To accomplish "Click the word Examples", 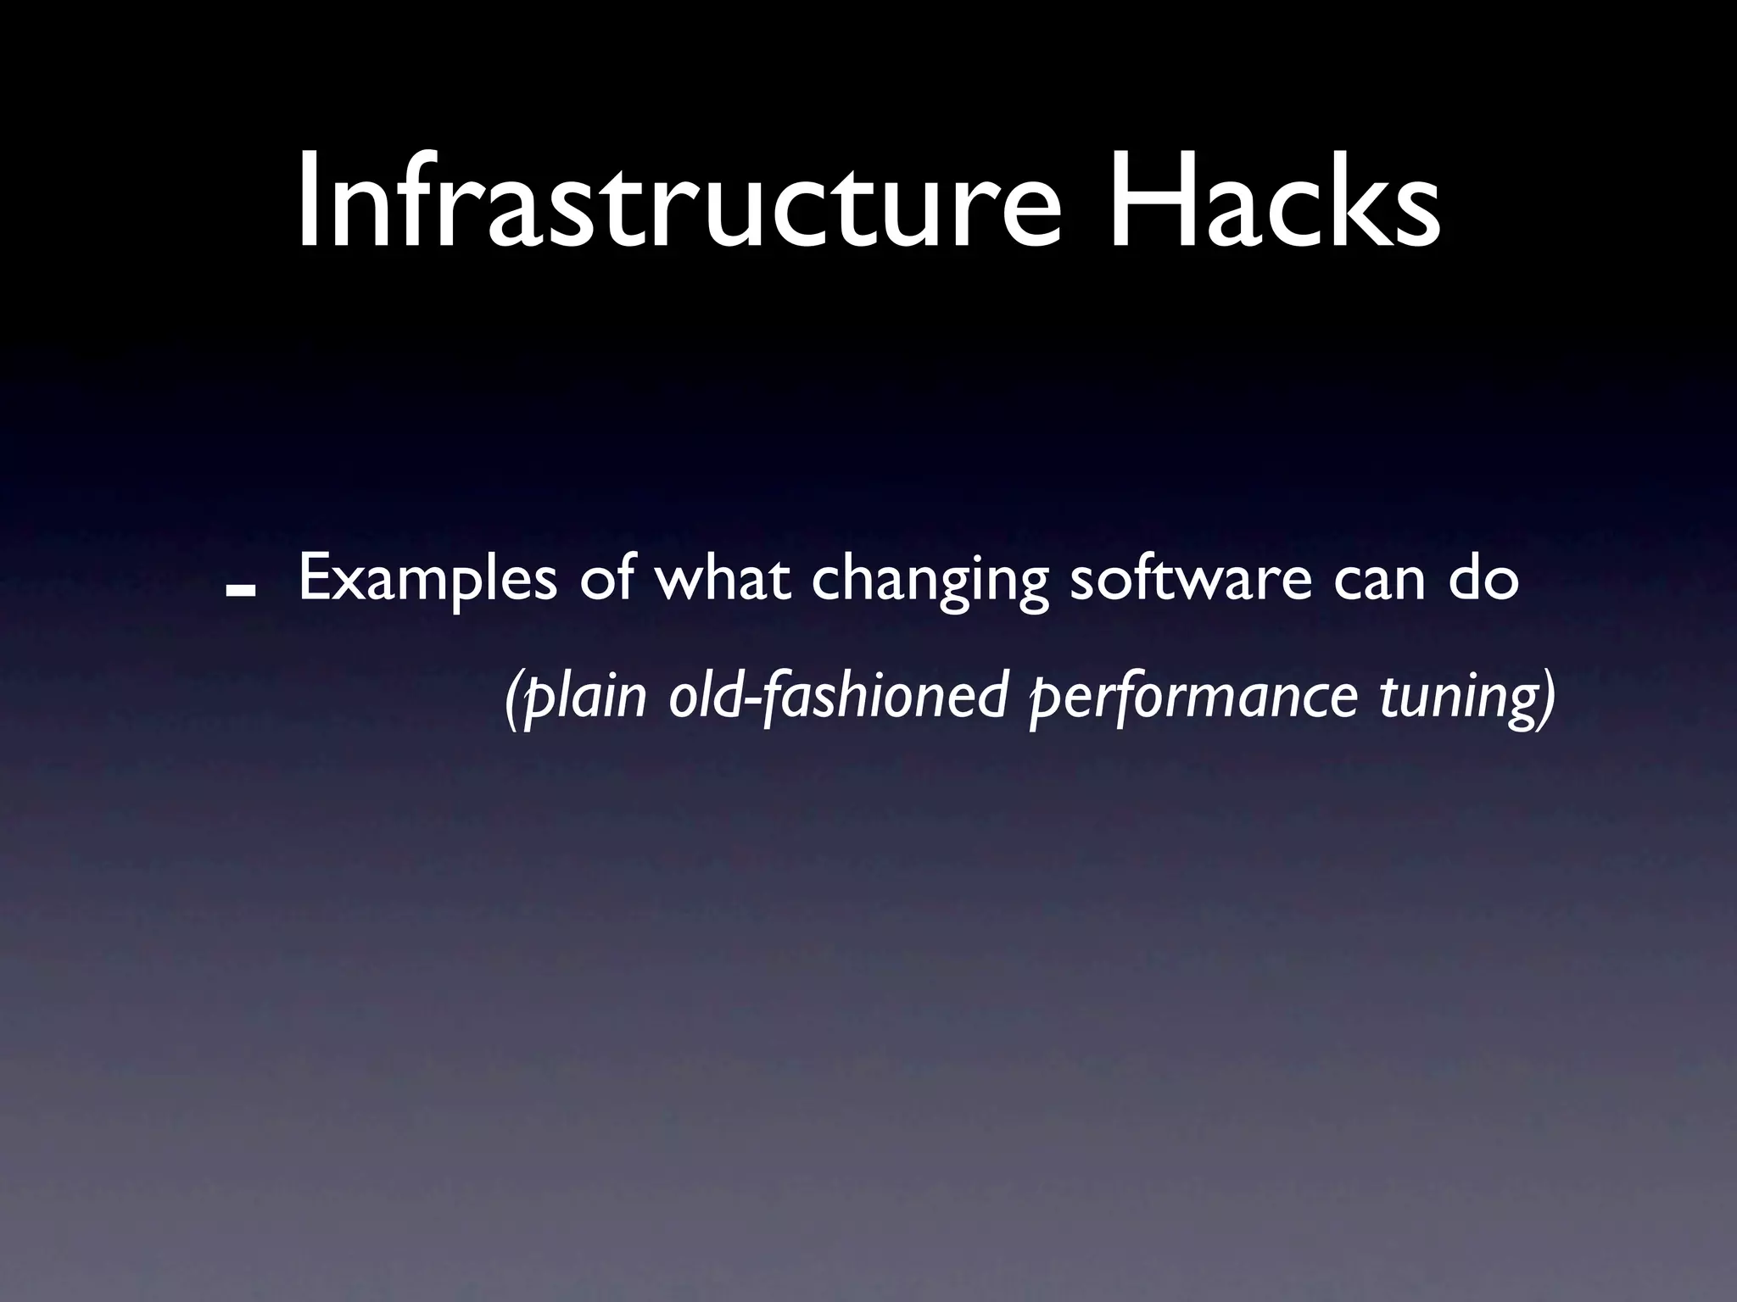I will coord(427,582).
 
